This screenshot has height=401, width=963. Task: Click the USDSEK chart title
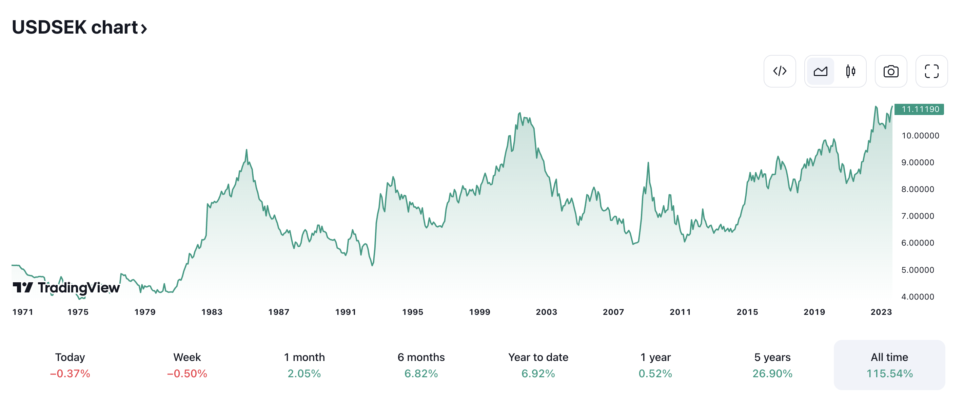pos(79,28)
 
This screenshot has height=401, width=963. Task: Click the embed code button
pos(780,71)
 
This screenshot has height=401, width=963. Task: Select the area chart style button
pos(820,71)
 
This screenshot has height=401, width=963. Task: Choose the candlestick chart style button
pos(850,71)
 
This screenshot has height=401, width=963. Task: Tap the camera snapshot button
pos(891,71)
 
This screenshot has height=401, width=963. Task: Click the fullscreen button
pos(931,71)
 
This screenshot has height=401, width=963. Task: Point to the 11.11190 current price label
pos(920,109)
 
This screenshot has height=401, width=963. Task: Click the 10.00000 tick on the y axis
pos(920,136)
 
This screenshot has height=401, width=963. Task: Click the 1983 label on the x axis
pos(212,312)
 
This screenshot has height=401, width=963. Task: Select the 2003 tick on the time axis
pos(546,312)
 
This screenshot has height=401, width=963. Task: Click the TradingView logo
pos(66,288)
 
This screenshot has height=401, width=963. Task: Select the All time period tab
pos(889,365)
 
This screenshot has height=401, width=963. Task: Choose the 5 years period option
pos(772,365)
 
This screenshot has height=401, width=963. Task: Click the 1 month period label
pos(304,357)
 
